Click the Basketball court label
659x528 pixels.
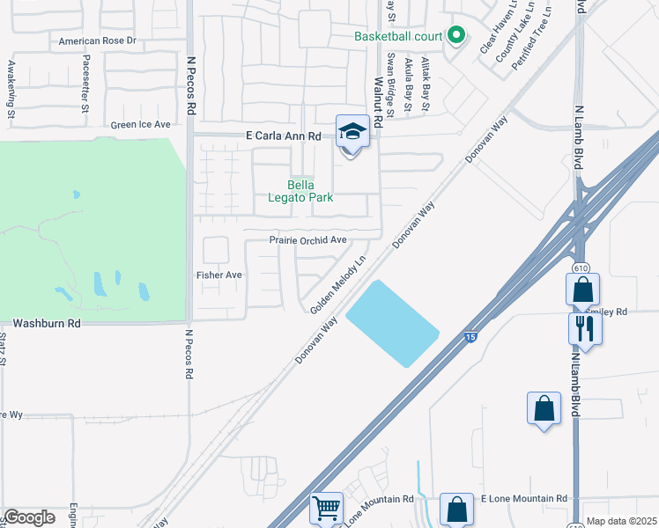[397, 37]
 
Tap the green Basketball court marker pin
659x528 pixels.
[455, 36]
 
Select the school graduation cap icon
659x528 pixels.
[352, 133]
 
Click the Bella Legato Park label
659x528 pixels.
[300, 191]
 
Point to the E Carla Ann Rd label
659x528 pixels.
[284, 136]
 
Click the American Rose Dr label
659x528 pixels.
[97, 41]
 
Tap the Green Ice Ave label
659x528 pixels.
[141, 125]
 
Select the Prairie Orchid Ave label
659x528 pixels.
[308, 240]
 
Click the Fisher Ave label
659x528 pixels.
[218, 275]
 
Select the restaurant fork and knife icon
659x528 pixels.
[583, 329]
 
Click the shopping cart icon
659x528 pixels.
[326, 508]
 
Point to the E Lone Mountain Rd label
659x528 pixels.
[523, 499]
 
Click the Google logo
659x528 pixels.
[29, 517]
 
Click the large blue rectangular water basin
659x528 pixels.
[392, 323]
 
